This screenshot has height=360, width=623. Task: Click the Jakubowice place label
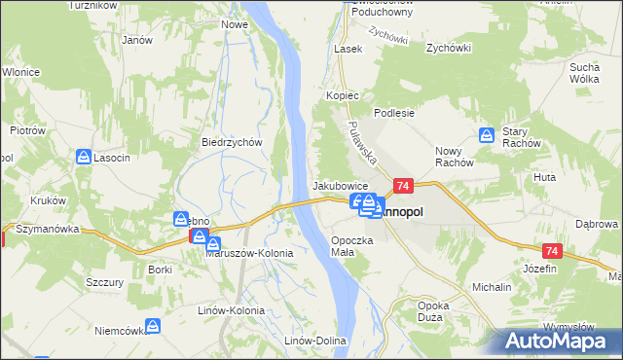click(x=340, y=185)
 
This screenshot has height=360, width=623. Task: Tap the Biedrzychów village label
click(x=233, y=142)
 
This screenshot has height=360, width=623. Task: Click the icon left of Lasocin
click(x=85, y=157)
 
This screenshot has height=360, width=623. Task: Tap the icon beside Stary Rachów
click(x=487, y=136)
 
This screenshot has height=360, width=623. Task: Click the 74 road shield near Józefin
click(x=553, y=251)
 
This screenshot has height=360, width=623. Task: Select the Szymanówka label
click(x=46, y=229)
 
